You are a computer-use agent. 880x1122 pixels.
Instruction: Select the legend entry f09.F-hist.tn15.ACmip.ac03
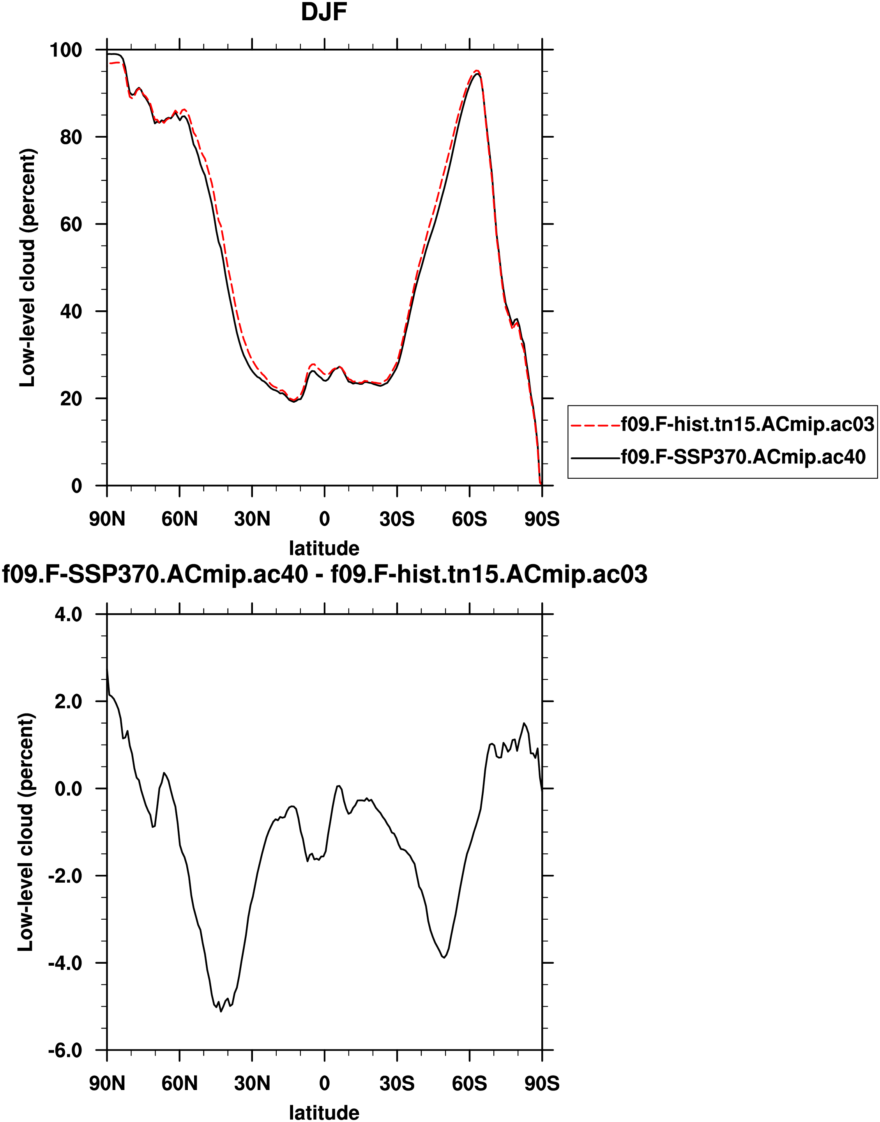(747, 424)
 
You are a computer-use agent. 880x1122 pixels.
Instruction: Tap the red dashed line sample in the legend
(596, 425)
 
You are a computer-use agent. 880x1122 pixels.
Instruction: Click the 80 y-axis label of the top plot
(71, 137)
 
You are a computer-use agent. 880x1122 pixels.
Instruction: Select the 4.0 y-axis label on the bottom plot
(69, 614)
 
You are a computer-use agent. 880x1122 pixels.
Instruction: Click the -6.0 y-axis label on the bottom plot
(65, 1050)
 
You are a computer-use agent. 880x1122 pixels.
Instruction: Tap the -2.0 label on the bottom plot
(65, 876)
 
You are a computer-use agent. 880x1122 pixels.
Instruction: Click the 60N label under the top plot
(179, 519)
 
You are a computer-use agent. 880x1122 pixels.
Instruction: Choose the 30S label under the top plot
(397, 519)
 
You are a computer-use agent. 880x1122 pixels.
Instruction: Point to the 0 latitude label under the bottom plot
(324, 1083)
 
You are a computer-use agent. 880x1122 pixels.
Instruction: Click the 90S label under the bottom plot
(541, 1083)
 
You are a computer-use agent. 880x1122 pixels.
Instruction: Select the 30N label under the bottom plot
(252, 1083)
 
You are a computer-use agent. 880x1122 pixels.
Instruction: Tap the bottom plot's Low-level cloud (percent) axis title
(26, 832)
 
